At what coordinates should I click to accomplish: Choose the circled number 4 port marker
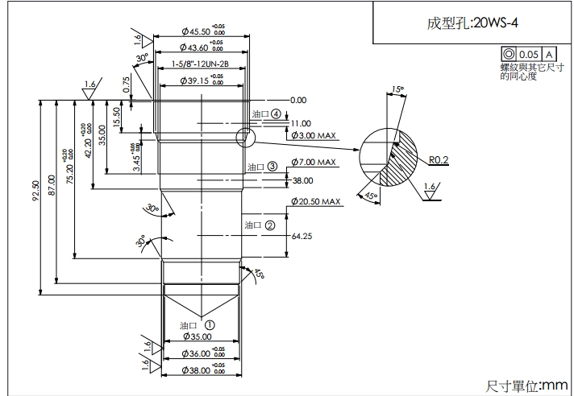277,114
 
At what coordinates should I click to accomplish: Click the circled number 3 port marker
272,167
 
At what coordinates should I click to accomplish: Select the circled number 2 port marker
270,225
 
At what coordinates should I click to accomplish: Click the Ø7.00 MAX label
312,162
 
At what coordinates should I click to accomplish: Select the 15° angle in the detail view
396,89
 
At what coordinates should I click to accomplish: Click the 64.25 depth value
302,237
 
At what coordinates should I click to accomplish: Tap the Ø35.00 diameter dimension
196,336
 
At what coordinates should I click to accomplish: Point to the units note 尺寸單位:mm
528,385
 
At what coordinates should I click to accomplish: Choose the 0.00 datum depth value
298,100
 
